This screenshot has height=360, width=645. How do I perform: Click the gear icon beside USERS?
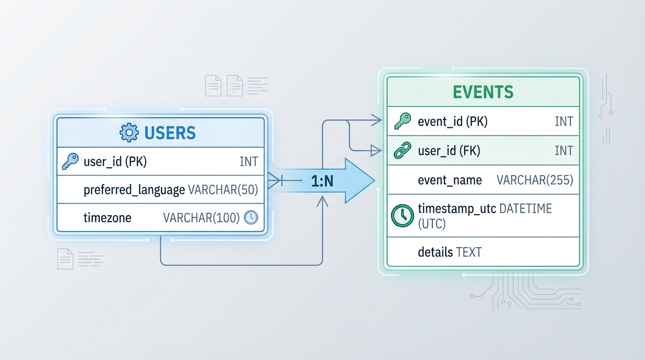129,133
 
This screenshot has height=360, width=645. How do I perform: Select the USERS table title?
170,133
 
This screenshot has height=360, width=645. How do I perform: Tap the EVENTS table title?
483,92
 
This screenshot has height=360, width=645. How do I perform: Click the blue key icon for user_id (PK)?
70,162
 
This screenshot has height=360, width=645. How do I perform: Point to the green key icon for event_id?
402,121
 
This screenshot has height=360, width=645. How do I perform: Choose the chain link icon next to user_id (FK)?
402,150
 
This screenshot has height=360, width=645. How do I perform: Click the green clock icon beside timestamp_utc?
401,216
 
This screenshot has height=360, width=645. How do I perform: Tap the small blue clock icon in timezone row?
251,217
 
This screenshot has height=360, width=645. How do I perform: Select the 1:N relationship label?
322,181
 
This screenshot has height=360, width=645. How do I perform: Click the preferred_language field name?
134,190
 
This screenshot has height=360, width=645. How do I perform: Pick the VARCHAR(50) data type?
223,190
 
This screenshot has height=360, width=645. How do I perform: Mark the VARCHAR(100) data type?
202,217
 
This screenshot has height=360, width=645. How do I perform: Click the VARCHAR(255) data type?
535,180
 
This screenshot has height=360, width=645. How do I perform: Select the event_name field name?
450,180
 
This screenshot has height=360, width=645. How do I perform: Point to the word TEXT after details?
469,252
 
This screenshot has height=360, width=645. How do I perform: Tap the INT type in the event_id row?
563,121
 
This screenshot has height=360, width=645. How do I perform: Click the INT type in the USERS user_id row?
248,162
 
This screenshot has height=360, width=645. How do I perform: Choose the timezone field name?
107,217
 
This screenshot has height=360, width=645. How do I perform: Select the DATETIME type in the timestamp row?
525,209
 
